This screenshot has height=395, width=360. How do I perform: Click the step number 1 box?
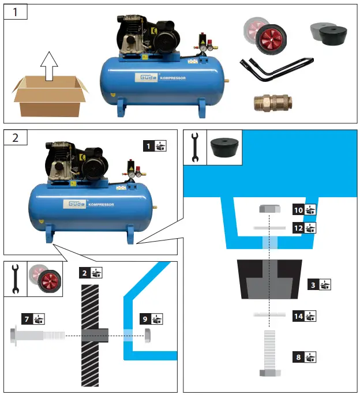16,13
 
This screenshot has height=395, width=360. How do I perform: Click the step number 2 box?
16,138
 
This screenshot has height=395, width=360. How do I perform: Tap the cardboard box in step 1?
51,97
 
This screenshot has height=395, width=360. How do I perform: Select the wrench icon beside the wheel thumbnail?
16,278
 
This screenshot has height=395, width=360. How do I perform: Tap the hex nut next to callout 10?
269,209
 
